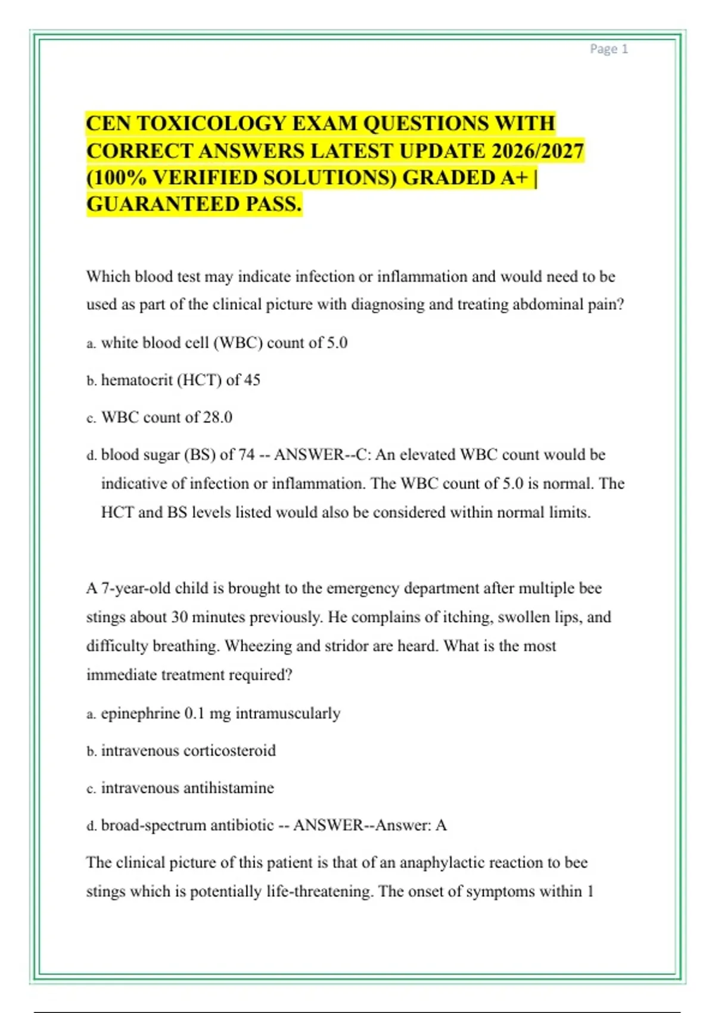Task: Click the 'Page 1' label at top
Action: [x=608, y=49]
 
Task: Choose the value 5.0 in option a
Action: [x=337, y=343]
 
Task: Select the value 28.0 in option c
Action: [x=217, y=417]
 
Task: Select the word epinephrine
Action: [x=140, y=713]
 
